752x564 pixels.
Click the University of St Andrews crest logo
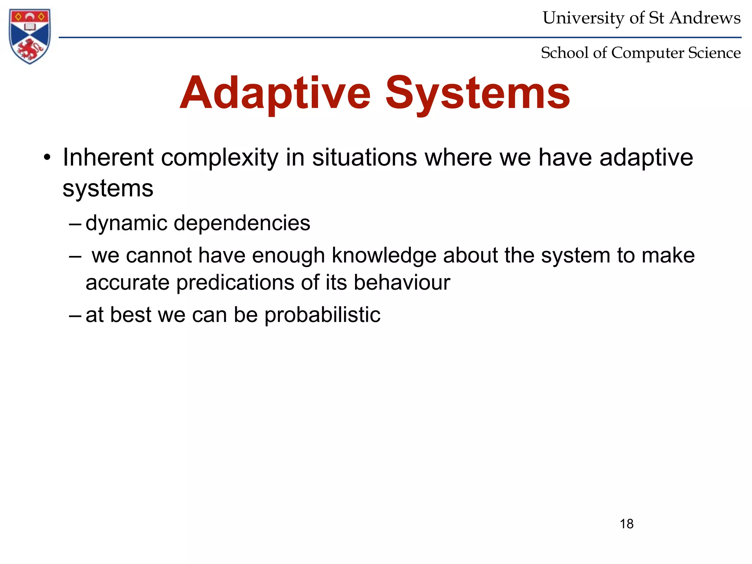[30, 36]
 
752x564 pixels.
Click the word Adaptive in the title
[275, 93]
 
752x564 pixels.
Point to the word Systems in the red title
[477, 93]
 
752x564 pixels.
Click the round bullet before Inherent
[47, 158]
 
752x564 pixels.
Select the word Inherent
[108, 158]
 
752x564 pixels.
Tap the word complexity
[220, 158]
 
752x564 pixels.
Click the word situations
[365, 158]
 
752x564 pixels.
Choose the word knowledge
[384, 256]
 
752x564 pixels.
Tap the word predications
[235, 283]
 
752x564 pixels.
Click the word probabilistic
[322, 315]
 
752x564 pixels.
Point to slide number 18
[626, 524]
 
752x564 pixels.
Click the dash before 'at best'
[75, 315]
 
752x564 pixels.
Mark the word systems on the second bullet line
[108, 189]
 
